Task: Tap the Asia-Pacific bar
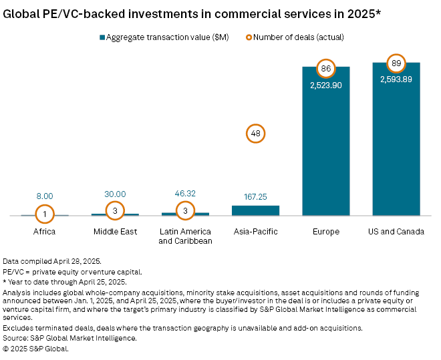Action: click(255, 210)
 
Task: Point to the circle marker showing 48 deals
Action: click(255, 134)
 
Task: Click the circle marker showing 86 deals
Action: click(325, 69)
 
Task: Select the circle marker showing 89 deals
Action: click(396, 63)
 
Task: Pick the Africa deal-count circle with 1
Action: click(45, 214)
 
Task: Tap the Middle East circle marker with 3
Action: click(115, 210)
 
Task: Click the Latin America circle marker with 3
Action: click(185, 210)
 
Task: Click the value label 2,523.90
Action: click(325, 85)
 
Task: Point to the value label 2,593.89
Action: click(396, 79)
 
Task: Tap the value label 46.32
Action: click(185, 194)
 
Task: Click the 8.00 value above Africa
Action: click(45, 196)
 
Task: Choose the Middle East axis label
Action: click(115, 232)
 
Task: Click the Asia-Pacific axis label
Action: click(255, 232)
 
